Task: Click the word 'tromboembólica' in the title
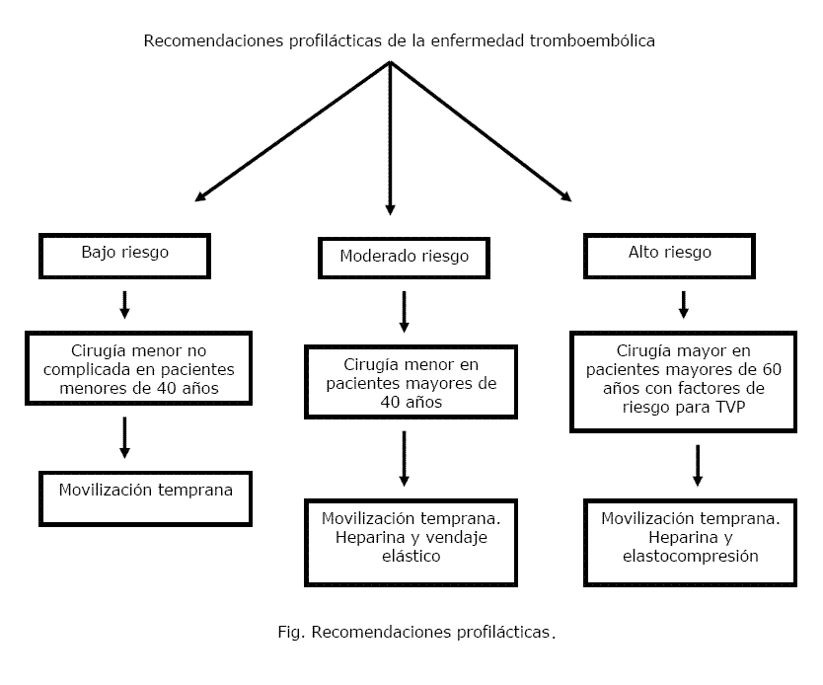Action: click(x=592, y=40)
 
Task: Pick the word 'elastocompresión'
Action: click(x=690, y=557)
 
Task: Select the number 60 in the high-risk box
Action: click(x=772, y=369)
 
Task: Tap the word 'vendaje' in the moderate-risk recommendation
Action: click(x=456, y=538)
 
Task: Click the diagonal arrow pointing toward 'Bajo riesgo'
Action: click(x=292, y=131)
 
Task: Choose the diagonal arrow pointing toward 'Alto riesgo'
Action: click(x=481, y=131)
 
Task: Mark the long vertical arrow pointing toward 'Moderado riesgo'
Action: click(x=390, y=138)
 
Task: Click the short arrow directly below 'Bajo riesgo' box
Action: click(x=124, y=305)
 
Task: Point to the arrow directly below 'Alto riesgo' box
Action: click(x=684, y=305)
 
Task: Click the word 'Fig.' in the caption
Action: click(x=291, y=632)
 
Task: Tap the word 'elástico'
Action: click(x=411, y=556)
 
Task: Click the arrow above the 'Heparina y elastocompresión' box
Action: click(x=698, y=466)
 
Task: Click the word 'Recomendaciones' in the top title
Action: click(x=213, y=40)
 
